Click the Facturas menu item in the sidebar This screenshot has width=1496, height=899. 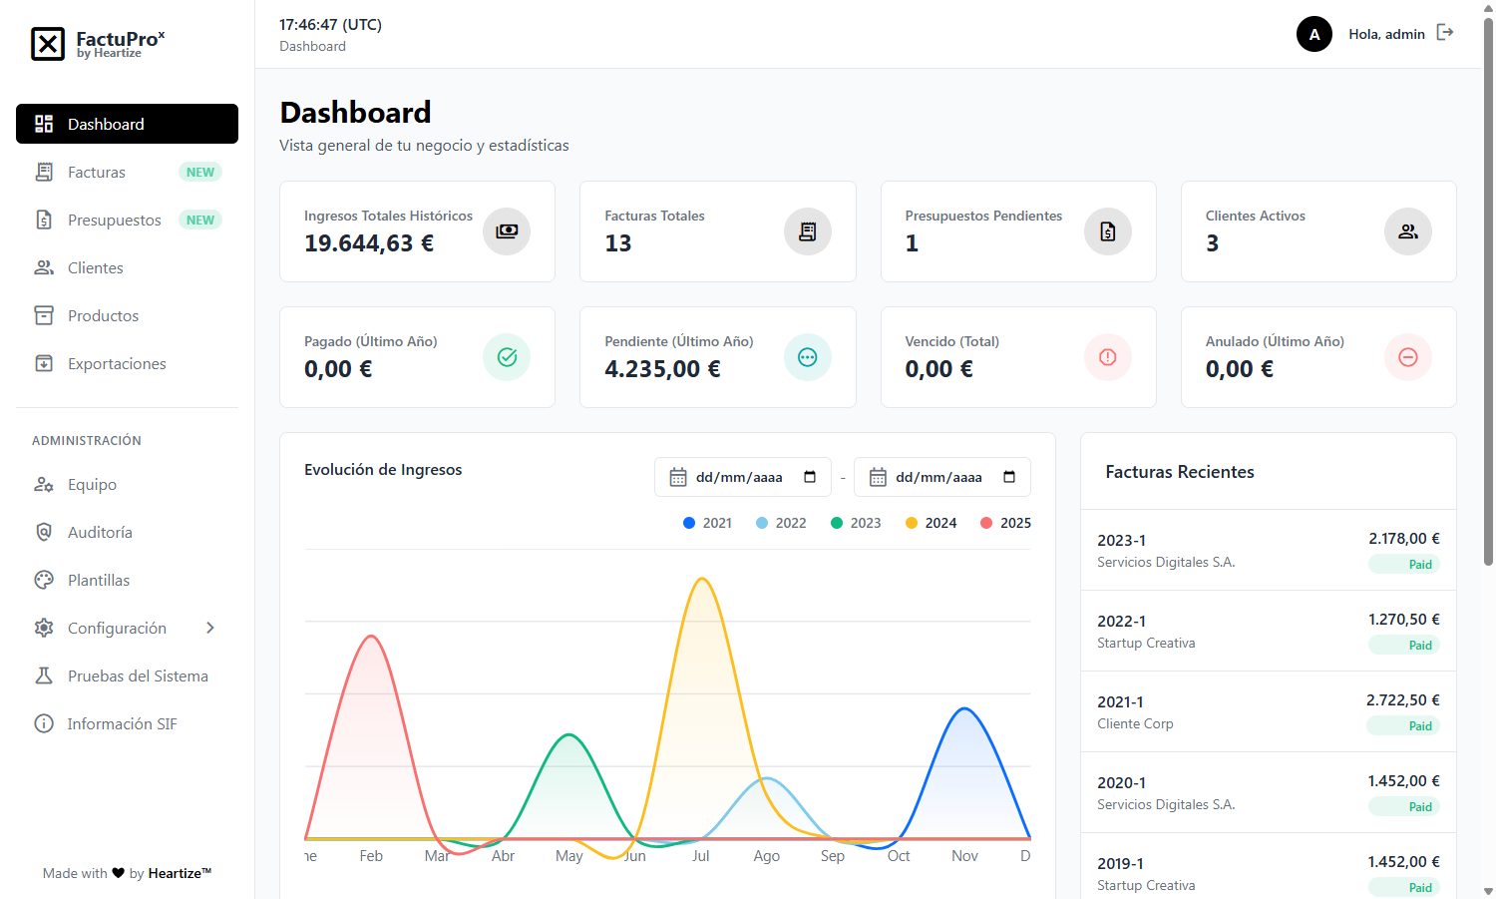(x=97, y=173)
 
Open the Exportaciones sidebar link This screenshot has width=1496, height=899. (x=117, y=364)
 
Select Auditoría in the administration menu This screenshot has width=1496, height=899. (x=100, y=533)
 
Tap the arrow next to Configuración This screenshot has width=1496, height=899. (x=210, y=629)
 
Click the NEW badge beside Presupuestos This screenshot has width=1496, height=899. (x=200, y=221)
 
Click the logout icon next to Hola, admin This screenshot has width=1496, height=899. (x=1445, y=33)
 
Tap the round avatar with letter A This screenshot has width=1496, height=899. (x=1314, y=34)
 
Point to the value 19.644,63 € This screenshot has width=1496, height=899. (x=369, y=243)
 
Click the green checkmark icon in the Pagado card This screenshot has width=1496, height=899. (x=507, y=357)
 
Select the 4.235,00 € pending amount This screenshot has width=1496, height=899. (x=662, y=369)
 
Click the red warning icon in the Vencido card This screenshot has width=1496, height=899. (x=1108, y=357)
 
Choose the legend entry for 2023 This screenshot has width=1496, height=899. (x=856, y=523)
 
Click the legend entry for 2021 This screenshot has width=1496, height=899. (x=707, y=523)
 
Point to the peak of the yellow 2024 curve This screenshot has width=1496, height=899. (x=702, y=579)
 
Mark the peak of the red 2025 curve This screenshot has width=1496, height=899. (x=371, y=636)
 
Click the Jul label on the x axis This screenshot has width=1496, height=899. (x=701, y=856)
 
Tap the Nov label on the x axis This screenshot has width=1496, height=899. (x=964, y=856)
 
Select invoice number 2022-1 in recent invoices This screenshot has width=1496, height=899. (x=1122, y=622)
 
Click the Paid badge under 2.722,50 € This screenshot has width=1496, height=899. (x=1420, y=726)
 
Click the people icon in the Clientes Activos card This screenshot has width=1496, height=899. (x=1408, y=231)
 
